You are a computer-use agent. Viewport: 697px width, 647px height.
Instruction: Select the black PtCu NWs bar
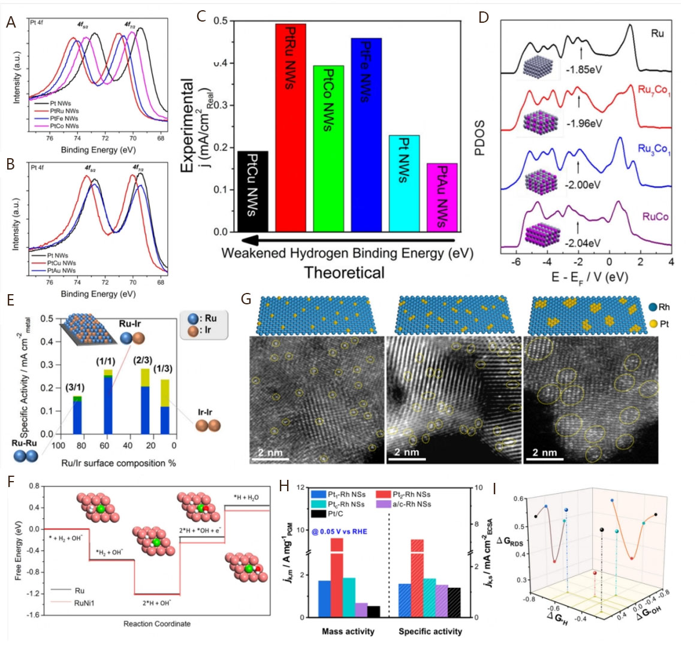point(253,191)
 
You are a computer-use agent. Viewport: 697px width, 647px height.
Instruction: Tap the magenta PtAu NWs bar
point(442,197)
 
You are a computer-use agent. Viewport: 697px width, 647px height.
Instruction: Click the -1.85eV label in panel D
point(584,69)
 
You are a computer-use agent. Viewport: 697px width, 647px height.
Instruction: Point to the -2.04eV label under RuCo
point(583,243)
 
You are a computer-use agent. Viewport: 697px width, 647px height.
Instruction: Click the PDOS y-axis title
point(479,138)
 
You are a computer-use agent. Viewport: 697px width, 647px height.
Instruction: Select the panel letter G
point(245,298)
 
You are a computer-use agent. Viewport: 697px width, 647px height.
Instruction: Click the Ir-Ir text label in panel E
point(206,413)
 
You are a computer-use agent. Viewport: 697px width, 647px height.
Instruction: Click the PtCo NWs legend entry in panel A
point(64,126)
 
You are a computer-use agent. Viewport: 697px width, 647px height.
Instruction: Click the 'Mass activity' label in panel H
point(348,631)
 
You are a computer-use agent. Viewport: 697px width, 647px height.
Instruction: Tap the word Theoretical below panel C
point(345,273)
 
